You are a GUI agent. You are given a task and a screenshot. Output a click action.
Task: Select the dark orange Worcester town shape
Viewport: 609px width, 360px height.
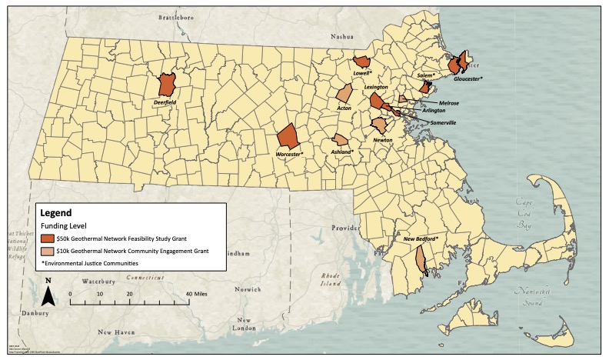tap(288, 135)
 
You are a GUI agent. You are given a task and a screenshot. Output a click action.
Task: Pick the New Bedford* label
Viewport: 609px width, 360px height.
tap(421, 240)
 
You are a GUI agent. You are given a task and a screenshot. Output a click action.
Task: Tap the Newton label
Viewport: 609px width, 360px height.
tap(382, 140)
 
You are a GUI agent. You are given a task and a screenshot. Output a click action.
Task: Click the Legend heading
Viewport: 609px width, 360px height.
tap(55, 212)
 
